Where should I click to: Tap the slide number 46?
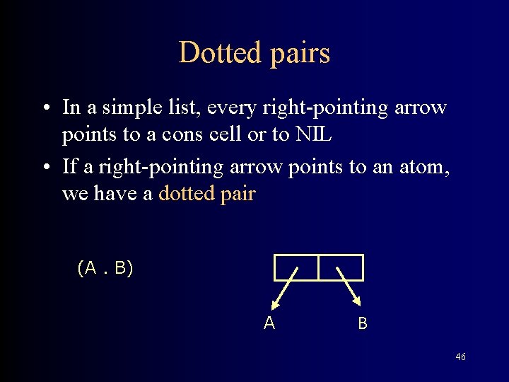[460, 357]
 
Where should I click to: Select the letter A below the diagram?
[269, 323]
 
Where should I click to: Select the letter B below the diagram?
[363, 324]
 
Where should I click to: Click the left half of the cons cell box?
[296, 267]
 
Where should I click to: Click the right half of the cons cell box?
[341, 267]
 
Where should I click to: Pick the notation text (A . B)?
[105, 268]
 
